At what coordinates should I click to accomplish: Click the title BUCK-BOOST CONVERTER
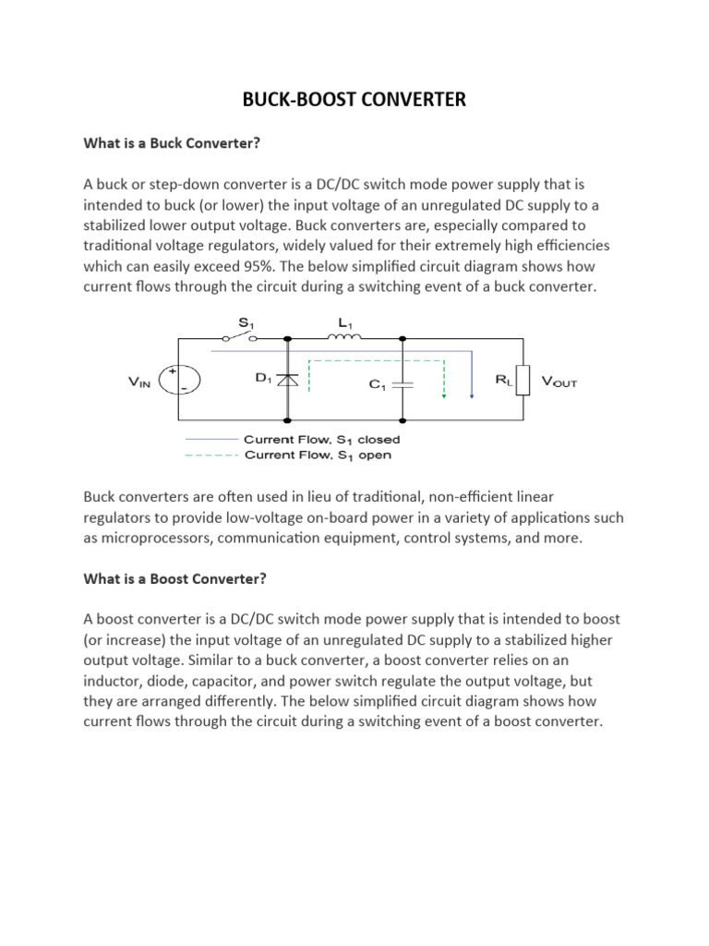click(354, 99)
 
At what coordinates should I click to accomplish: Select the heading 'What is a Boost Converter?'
click(174, 579)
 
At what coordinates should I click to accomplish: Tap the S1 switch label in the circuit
click(246, 322)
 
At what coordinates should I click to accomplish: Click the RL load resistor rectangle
click(523, 381)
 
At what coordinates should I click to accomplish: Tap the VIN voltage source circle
click(177, 381)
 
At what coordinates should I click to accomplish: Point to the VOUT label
click(559, 381)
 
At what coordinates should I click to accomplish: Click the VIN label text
click(142, 382)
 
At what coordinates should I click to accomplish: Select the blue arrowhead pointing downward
click(472, 395)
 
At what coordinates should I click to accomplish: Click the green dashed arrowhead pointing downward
click(444, 397)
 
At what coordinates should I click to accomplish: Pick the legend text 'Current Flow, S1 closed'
click(320, 440)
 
